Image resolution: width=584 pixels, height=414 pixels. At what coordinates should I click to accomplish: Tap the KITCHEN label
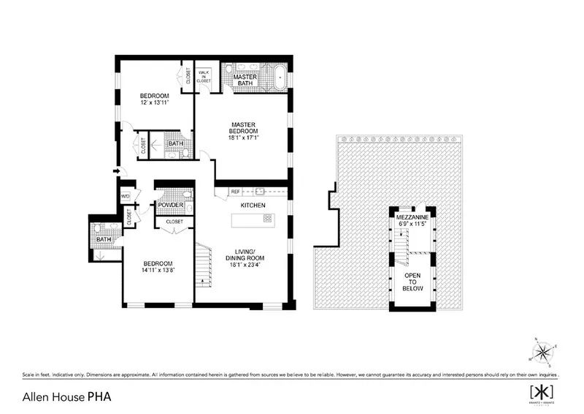pyautogui.click(x=252, y=206)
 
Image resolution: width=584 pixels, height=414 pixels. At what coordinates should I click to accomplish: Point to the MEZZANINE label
pyautogui.click(x=412, y=217)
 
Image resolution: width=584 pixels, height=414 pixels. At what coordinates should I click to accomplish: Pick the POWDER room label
pyautogui.click(x=169, y=205)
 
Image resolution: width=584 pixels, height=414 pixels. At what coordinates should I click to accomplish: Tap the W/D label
pyautogui.click(x=125, y=196)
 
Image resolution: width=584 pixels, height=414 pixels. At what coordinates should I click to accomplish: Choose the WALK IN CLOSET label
pyautogui.click(x=204, y=77)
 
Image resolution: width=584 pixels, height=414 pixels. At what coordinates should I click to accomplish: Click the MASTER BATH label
pyautogui.click(x=245, y=80)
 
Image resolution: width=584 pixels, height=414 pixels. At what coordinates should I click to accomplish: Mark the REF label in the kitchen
pyautogui.click(x=235, y=192)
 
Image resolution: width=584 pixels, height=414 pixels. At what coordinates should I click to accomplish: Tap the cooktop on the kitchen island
pyautogui.click(x=267, y=218)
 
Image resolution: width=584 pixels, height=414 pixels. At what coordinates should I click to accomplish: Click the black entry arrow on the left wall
pyautogui.click(x=116, y=172)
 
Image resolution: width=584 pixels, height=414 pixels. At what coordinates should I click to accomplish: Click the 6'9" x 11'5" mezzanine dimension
pyautogui.click(x=412, y=224)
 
